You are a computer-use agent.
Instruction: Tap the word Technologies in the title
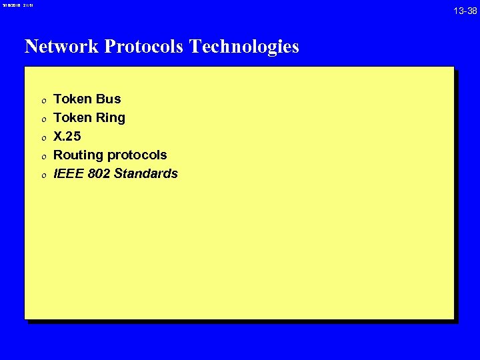(x=244, y=47)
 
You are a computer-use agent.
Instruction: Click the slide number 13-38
(x=465, y=11)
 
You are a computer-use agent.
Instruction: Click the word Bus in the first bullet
(x=108, y=99)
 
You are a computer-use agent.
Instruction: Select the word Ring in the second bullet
(x=110, y=118)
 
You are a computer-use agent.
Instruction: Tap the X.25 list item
(x=67, y=137)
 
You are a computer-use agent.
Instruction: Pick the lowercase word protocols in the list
(x=137, y=155)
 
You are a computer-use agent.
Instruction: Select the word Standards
(x=146, y=174)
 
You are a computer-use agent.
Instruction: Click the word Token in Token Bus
(x=73, y=99)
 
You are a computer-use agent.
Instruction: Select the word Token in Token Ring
(x=73, y=118)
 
